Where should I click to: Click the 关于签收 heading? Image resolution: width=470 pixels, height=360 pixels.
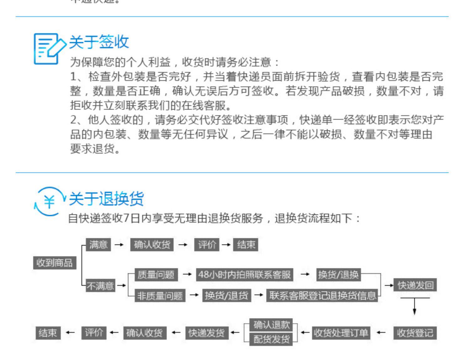click(x=99, y=42)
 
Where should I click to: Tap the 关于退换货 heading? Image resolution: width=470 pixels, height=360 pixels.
click(x=106, y=199)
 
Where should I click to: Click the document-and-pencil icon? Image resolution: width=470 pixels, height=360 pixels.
click(x=49, y=49)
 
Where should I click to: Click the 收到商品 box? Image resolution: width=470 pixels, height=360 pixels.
click(x=55, y=263)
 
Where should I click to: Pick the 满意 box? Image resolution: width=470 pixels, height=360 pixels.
click(x=98, y=244)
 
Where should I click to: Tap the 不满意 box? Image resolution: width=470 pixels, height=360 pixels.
click(x=100, y=286)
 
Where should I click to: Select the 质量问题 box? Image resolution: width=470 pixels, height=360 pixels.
click(x=156, y=275)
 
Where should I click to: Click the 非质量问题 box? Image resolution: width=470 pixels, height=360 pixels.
click(x=160, y=295)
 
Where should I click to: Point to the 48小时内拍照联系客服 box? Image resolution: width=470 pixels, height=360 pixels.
click(x=244, y=275)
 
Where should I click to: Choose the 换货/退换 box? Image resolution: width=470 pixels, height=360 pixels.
click(x=338, y=275)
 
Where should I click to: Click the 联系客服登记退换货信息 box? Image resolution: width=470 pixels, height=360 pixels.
click(x=322, y=295)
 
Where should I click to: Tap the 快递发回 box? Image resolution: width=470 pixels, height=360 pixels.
click(x=415, y=285)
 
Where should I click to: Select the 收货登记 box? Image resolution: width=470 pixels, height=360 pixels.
click(x=415, y=333)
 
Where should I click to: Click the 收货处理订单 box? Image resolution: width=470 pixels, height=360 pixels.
click(x=341, y=333)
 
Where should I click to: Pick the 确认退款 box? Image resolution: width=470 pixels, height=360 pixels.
click(x=271, y=325)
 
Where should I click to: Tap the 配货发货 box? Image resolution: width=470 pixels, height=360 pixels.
click(x=271, y=339)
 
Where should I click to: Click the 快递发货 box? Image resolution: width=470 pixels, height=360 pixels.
click(x=206, y=333)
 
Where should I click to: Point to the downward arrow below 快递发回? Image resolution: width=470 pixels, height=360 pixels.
click(x=415, y=306)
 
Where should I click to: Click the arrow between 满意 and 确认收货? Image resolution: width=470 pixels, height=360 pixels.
click(x=119, y=244)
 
